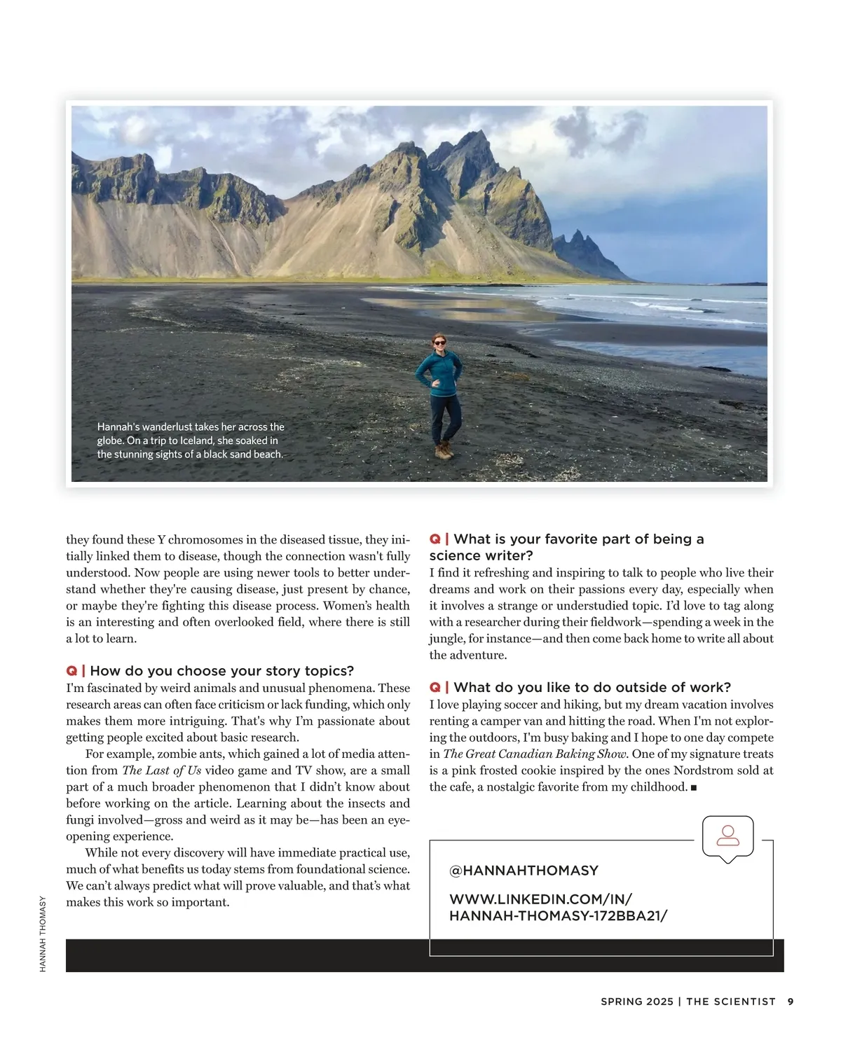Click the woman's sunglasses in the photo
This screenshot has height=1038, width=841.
tap(439, 342)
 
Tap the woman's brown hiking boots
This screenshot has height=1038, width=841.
tap(443, 451)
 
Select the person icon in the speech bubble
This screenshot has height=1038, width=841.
tap(728, 835)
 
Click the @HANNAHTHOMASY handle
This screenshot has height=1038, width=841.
tap(524, 871)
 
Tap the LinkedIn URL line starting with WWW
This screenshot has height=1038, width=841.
tap(540, 899)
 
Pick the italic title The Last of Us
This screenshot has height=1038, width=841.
tap(162, 770)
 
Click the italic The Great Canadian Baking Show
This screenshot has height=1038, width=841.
tap(537, 754)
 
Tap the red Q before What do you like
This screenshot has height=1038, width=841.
tap(435, 687)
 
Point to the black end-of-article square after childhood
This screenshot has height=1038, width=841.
tap(693, 788)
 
